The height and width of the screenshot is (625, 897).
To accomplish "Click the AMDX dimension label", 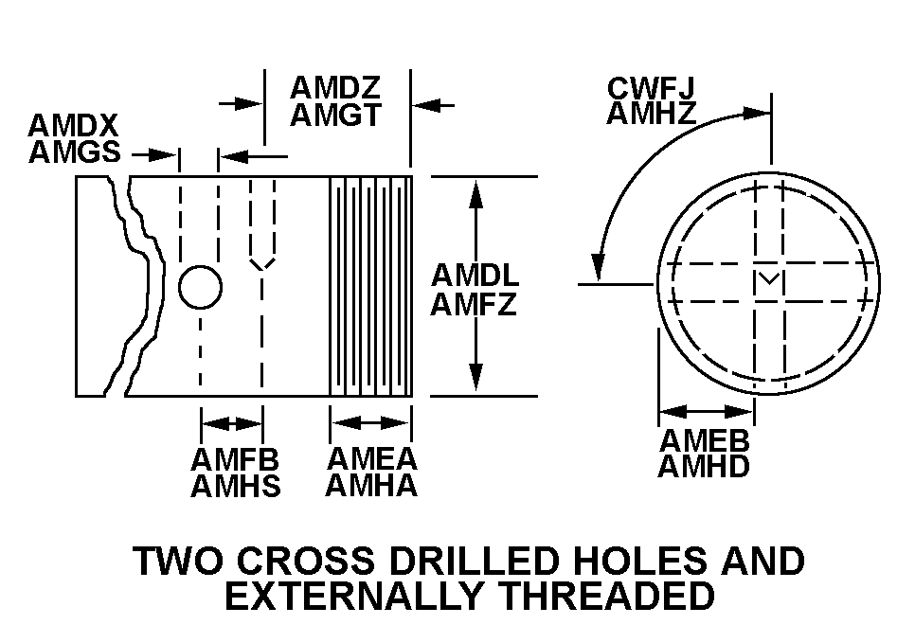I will [72, 126].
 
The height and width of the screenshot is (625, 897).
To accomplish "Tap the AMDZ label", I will [335, 88].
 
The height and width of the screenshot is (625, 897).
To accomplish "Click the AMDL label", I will [475, 276].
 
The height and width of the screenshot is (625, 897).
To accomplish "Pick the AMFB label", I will [235, 460].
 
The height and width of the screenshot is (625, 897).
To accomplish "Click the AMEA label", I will [371, 459].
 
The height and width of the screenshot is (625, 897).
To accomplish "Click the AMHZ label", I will [652, 114].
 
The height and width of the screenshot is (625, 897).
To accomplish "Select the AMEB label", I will [705, 440].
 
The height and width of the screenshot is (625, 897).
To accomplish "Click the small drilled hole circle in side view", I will [201, 287].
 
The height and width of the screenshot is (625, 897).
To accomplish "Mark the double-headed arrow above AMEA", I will [370, 422].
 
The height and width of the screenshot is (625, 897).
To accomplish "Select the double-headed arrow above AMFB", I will [232, 422].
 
